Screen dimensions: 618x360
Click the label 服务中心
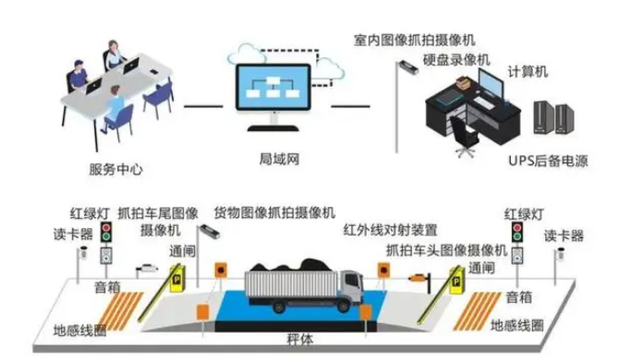pyautogui.click(x=115, y=169)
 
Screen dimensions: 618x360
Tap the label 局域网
pyautogui.click(x=279, y=159)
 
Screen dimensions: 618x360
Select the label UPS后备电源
pyautogui.click(x=548, y=161)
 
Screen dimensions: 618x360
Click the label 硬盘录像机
pyautogui.click(x=456, y=60)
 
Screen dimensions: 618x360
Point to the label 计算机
pyautogui.click(x=527, y=72)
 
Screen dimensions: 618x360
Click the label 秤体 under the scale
pyautogui.click(x=300, y=340)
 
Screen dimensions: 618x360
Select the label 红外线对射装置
pyautogui.click(x=390, y=230)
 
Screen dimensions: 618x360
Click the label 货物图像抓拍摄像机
pyautogui.click(x=274, y=212)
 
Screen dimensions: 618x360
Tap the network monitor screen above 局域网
pyautogui.click(x=273, y=88)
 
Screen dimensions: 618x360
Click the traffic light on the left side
pyautogui.click(x=105, y=232)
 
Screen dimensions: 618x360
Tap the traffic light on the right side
pyautogui.click(x=517, y=233)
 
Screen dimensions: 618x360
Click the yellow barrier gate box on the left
pyautogui.click(x=177, y=279)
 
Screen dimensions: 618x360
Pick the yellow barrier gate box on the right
pyautogui.click(x=457, y=281)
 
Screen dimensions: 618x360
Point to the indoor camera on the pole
pyautogui.click(x=408, y=67)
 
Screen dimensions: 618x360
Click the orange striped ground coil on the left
pyautogui.click(x=121, y=311)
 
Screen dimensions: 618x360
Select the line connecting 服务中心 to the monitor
pyautogui.click(x=203, y=106)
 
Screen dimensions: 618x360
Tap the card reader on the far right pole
pyautogui.click(x=560, y=253)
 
